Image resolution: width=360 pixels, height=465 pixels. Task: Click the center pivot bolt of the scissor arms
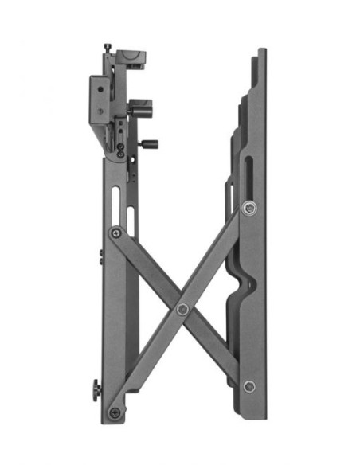[182, 309]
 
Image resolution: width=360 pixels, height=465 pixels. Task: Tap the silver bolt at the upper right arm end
[250, 209]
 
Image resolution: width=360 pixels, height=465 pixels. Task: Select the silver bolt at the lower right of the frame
[249, 387]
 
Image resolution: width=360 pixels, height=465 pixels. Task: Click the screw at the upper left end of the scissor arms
[116, 233]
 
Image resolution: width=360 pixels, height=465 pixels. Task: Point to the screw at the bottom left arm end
[115, 412]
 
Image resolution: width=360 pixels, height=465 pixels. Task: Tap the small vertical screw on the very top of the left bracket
[107, 49]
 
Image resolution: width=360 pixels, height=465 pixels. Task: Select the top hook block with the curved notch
[131, 60]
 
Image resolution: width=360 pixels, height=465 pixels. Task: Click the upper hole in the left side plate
[100, 90]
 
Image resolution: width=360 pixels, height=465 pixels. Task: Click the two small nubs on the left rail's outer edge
[101, 256]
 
